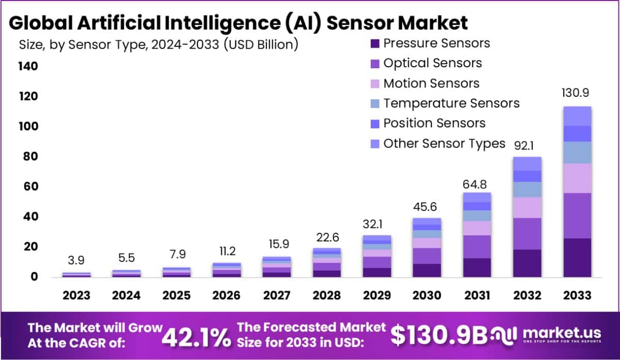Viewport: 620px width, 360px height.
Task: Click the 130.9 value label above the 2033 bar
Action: pos(577,93)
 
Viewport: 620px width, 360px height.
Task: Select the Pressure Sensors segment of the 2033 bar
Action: pos(577,257)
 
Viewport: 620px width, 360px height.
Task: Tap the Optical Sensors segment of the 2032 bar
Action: pos(527,233)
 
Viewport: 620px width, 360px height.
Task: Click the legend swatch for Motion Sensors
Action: pos(375,84)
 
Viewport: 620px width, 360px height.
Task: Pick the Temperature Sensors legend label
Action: pos(451,103)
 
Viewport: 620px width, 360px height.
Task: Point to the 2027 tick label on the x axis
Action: pos(277,295)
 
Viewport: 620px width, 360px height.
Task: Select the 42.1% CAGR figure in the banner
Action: pos(196,338)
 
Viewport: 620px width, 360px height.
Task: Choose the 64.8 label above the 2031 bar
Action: pos(477,183)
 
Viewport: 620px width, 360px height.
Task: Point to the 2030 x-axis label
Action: pos(427,295)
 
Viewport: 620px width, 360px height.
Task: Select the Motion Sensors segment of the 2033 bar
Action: pos(577,178)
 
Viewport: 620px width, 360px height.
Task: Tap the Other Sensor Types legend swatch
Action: pos(375,143)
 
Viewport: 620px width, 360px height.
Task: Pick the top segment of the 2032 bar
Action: pos(527,163)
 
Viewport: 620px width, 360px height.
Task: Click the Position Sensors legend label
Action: pos(434,123)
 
